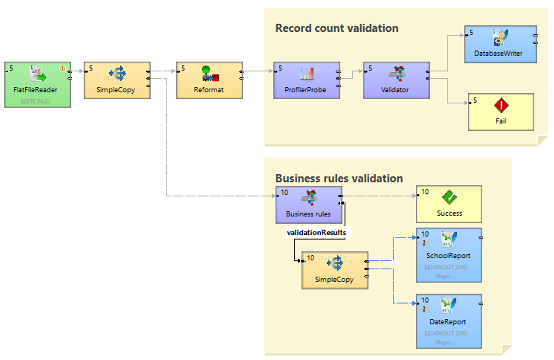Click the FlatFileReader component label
point(35,90)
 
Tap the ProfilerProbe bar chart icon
point(306,73)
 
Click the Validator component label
point(395,90)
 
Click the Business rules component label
point(307,214)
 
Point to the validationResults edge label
point(316,232)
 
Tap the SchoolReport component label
point(448,256)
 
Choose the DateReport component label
point(448,322)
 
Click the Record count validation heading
point(337,28)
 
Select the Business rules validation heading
point(339,178)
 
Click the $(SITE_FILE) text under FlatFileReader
point(35,101)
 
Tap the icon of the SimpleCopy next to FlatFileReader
point(117,74)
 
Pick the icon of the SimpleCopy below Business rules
point(335,263)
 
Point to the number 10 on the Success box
point(425,191)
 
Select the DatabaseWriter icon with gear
point(500,36)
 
